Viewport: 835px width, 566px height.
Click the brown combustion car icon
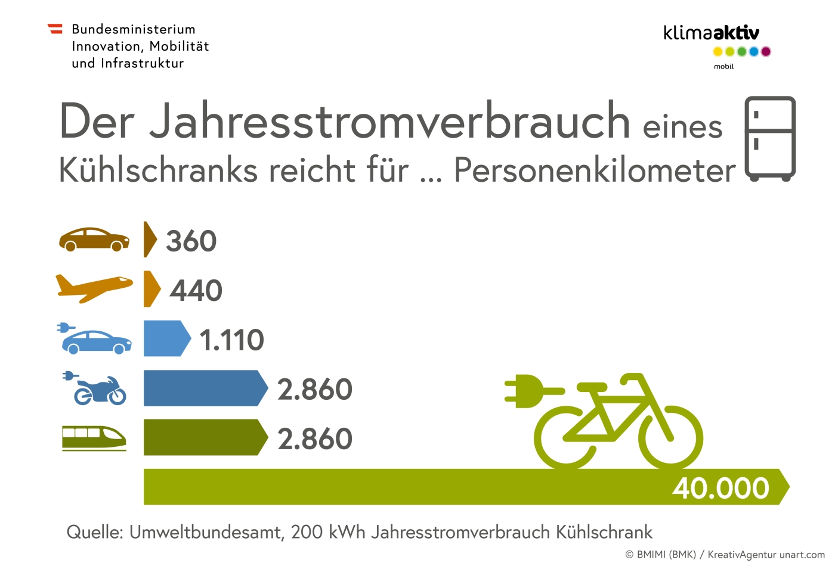(94, 240)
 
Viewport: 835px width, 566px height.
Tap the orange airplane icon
(94, 288)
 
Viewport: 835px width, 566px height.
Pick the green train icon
(94, 438)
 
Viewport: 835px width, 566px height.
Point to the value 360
(191, 241)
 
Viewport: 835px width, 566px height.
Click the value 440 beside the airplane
(196, 291)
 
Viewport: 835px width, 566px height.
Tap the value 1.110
(231, 340)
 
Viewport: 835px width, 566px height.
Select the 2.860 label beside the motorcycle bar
(315, 390)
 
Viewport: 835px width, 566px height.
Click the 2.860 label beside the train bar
(315, 439)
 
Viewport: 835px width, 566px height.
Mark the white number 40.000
(720, 488)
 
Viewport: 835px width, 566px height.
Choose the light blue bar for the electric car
(164, 338)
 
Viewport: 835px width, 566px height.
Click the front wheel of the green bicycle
(671, 438)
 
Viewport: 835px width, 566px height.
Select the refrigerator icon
(770, 138)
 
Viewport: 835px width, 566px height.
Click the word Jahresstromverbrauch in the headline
(389, 122)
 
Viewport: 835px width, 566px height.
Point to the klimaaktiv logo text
(711, 33)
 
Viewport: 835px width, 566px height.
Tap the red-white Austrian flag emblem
(55, 29)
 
